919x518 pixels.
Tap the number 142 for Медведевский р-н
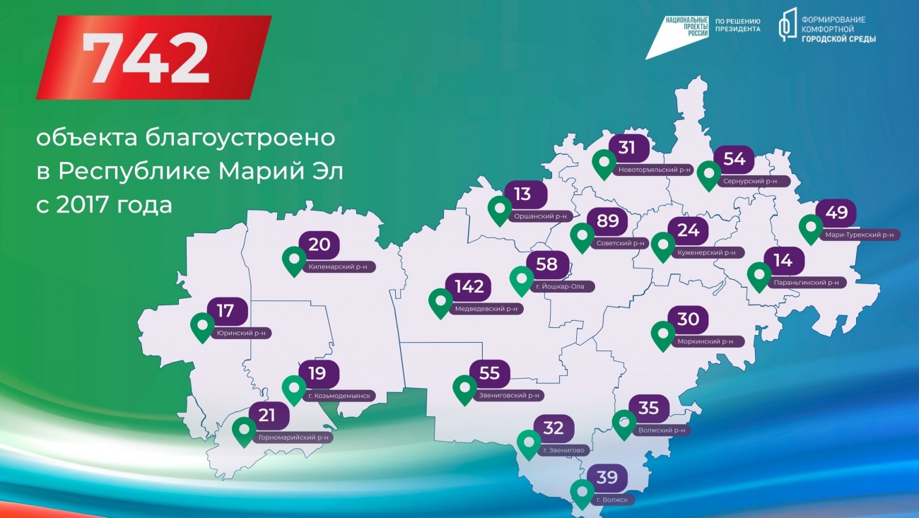(x=469, y=287)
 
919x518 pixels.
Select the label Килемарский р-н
(x=342, y=267)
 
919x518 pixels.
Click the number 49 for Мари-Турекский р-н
(x=836, y=213)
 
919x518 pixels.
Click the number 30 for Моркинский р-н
(x=689, y=319)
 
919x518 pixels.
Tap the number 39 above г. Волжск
(x=607, y=478)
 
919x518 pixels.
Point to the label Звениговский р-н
(x=509, y=396)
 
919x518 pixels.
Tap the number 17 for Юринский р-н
(x=226, y=310)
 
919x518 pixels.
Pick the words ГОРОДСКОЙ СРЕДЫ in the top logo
(x=838, y=40)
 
